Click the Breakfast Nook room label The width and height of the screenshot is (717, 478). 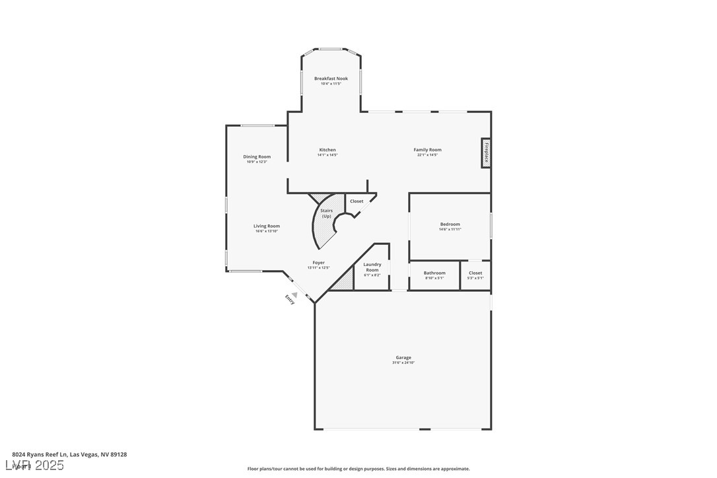coord(331,79)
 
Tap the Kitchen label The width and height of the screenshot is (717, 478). coord(327,150)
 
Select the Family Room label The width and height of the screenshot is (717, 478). coord(427,150)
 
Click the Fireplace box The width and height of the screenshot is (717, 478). coord(486,153)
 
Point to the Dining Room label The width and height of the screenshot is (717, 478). coord(257,157)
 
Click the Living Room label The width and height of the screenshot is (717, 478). coord(267,226)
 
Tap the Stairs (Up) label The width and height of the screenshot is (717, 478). coord(326,213)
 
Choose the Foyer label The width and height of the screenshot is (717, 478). coord(318,263)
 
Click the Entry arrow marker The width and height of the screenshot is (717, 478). coord(294,296)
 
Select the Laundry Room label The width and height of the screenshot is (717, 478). coord(372,267)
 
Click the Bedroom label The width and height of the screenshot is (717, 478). coord(450,224)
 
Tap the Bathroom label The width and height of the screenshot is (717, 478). coord(434,273)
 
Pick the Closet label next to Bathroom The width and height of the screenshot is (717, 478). coord(475,273)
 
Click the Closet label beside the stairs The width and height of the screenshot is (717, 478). coord(357,201)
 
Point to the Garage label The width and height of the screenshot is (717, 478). coord(403,358)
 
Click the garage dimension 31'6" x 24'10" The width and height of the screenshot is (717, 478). coord(403,363)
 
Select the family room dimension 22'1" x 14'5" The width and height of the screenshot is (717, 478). coord(427,155)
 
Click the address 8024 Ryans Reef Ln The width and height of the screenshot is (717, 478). coord(69,454)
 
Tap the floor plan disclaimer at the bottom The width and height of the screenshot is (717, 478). coord(358,469)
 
